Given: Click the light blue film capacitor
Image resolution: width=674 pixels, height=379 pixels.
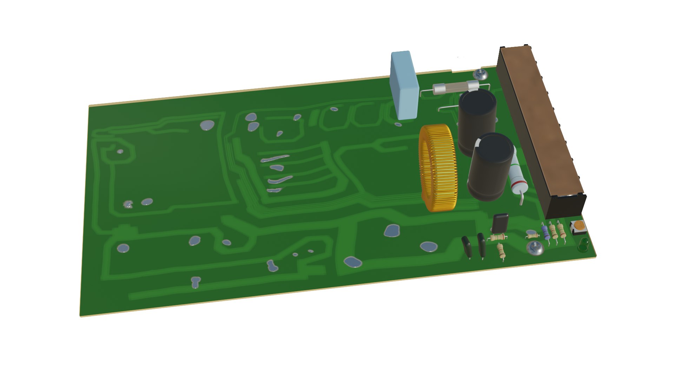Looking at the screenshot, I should (x=404, y=86).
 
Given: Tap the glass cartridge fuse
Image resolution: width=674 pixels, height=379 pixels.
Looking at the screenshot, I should (x=456, y=87).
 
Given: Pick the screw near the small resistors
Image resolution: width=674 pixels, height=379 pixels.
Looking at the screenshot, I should (x=535, y=248).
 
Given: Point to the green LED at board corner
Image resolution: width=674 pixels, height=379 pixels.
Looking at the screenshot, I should (x=583, y=245).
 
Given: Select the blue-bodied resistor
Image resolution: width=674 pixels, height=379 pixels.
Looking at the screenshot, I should (x=546, y=232).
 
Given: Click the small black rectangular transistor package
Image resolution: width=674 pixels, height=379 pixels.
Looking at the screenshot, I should (x=500, y=223).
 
